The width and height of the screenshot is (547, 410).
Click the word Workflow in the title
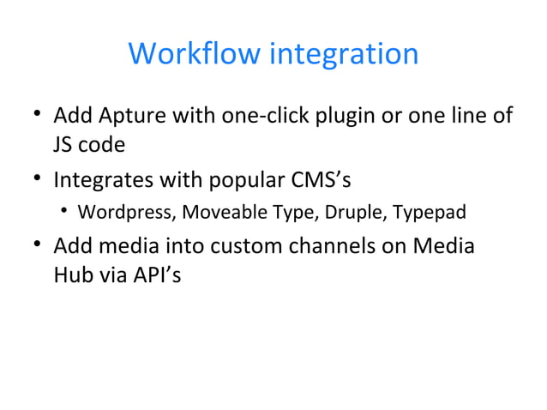pyautogui.click(x=195, y=54)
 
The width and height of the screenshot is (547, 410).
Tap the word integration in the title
pyautogui.click(x=344, y=54)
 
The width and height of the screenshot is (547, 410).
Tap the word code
pyautogui.click(x=103, y=145)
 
